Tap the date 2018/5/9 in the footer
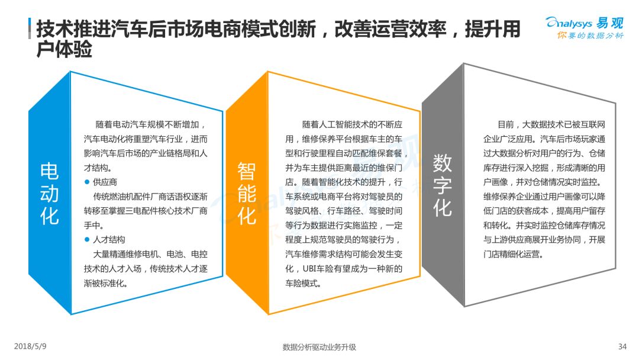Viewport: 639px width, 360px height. pos(30,346)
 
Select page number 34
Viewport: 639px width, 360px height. pos(622,346)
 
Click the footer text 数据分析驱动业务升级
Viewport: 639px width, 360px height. pos(319,347)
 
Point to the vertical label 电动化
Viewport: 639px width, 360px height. pos(49,193)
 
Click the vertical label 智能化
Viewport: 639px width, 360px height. pos(247,193)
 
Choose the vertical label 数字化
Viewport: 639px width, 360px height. pos(442,185)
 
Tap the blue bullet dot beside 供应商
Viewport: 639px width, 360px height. pos(87,182)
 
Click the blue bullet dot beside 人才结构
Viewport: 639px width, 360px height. pos(87,239)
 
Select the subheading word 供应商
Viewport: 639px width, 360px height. pos(105,182)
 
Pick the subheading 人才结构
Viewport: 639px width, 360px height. pos(109,239)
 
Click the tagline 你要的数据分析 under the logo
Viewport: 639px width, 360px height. pos(590,36)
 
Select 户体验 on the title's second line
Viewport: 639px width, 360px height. pos(64,49)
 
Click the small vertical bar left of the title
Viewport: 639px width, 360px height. pos(30,28)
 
